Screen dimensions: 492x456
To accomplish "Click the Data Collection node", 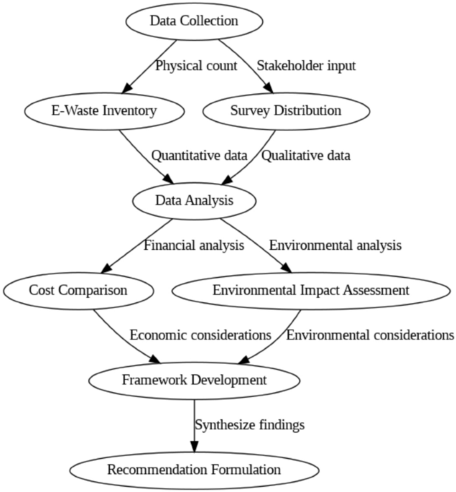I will (x=194, y=21).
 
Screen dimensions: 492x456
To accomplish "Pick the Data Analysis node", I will (x=194, y=200).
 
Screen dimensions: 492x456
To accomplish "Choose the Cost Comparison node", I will (x=78, y=290).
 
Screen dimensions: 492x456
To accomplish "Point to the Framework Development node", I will (x=194, y=380).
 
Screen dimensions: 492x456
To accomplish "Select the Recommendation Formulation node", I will (x=194, y=470).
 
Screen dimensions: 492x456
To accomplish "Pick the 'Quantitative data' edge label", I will (x=199, y=156).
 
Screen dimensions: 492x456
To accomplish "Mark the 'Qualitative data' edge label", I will (x=306, y=156).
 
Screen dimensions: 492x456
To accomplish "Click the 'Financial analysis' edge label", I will (x=194, y=245).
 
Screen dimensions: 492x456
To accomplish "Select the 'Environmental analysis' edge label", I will (x=335, y=245).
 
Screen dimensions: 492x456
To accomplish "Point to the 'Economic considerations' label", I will (x=200, y=335).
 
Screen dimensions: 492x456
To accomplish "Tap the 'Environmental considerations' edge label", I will (x=370, y=335).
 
